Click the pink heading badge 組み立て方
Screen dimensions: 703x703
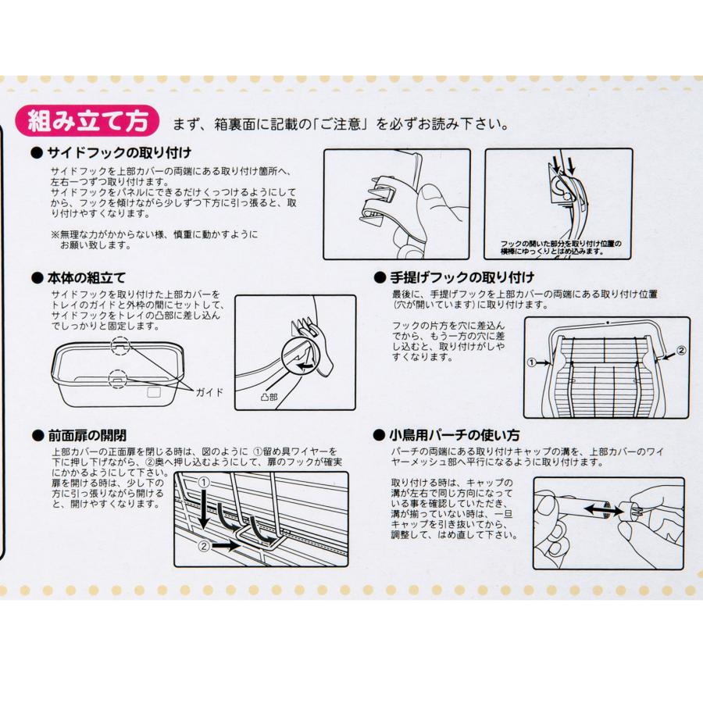(87, 120)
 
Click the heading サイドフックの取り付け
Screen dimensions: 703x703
(120, 153)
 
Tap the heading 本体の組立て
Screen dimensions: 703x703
(86, 278)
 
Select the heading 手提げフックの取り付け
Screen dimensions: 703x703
(462, 277)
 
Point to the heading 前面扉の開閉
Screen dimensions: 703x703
(87, 435)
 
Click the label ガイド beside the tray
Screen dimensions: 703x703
(209, 392)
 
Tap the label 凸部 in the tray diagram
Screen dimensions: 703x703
(269, 397)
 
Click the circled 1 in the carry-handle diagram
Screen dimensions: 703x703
(532, 362)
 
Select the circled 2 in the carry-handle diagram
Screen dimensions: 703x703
(681, 350)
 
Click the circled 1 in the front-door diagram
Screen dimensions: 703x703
(204, 483)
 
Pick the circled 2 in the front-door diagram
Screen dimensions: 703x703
(204, 547)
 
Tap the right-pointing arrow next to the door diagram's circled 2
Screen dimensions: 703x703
(226, 547)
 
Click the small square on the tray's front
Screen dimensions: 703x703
(154, 392)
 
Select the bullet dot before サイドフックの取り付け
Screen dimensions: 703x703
(37, 153)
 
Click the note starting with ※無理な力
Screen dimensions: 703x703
(154, 240)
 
